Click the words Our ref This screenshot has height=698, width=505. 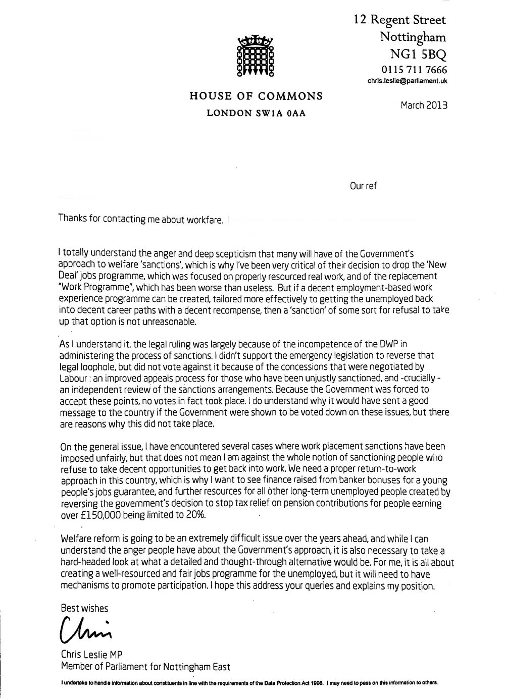tap(364, 186)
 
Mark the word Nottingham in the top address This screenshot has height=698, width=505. tap(413, 37)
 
